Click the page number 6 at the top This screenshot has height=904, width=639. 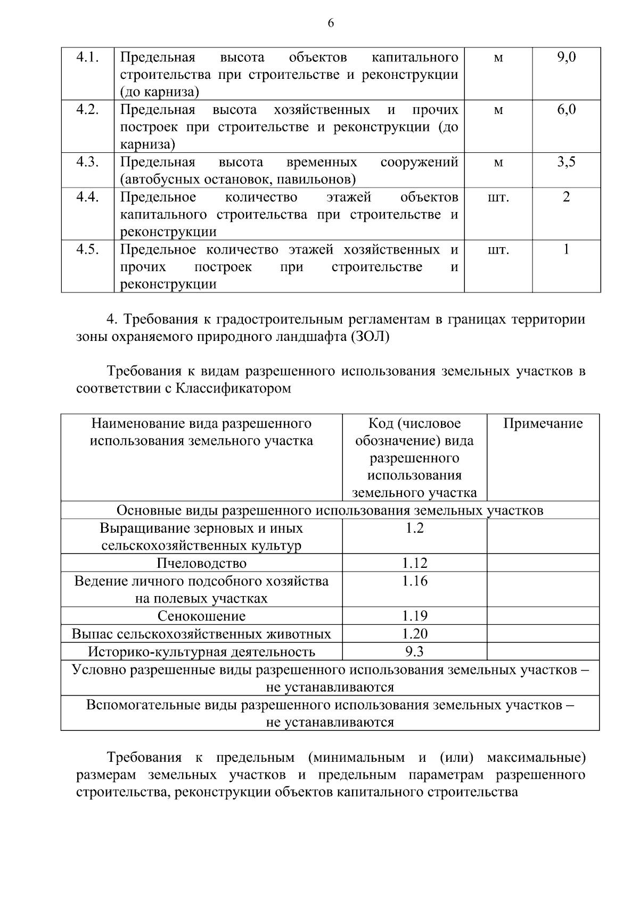pyautogui.click(x=331, y=23)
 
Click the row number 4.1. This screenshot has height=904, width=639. pyautogui.click(x=88, y=57)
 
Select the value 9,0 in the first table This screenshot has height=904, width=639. pyautogui.click(x=566, y=57)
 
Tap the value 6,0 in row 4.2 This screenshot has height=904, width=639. pyautogui.click(x=566, y=110)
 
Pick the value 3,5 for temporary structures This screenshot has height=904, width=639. pyautogui.click(x=566, y=162)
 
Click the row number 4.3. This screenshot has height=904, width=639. pyautogui.click(x=88, y=162)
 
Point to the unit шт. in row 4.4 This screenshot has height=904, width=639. pyautogui.click(x=498, y=197)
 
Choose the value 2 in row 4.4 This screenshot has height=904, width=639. pyautogui.click(x=566, y=197)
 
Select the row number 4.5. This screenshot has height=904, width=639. pyautogui.click(x=88, y=249)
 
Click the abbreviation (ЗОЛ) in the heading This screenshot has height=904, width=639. pyautogui.click(x=370, y=337)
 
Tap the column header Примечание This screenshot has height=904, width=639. pyautogui.click(x=543, y=424)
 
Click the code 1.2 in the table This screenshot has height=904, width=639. pyautogui.click(x=414, y=528)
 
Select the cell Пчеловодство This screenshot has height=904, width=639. pyautogui.click(x=201, y=564)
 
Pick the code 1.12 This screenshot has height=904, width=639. pyautogui.click(x=414, y=564)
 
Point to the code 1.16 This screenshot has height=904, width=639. pyautogui.click(x=414, y=581)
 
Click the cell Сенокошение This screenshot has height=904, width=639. pyautogui.click(x=201, y=616)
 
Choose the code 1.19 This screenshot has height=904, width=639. pyautogui.click(x=414, y=616)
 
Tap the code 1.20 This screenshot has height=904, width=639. pyautogui.click(x=414, y=634)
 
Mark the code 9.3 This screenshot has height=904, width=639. pyautogui.click(x=414, y=651)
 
